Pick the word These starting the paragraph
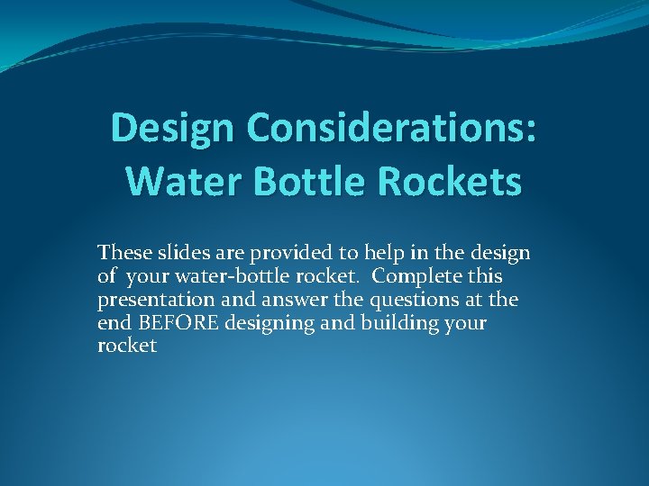point(123,252)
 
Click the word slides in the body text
point(180,252)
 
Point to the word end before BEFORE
point(113,322)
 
